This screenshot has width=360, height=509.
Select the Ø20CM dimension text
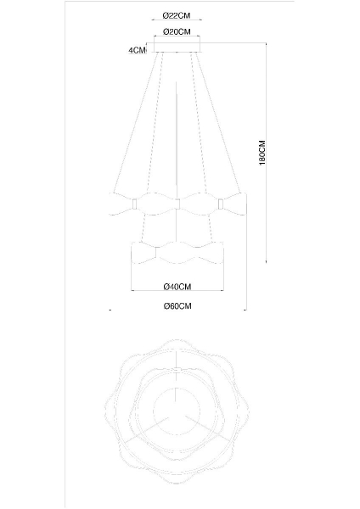point(175,32)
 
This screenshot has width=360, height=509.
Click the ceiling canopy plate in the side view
point(175,49)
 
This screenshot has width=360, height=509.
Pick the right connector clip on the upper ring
point(219,204)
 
